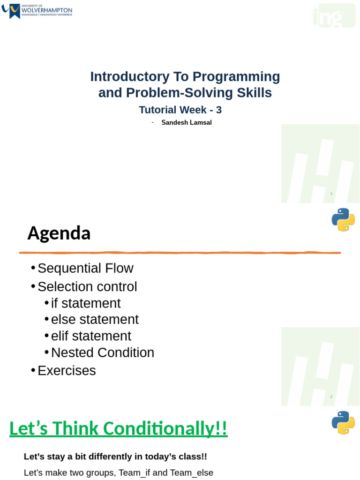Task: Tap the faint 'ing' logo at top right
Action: coord(334,16)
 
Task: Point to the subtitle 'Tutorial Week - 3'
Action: coord(180,110)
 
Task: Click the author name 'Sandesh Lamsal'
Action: coord(187,122)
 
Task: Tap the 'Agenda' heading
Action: coord(59,233)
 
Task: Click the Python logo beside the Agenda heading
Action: coord(343,219)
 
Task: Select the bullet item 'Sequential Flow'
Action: coord(85,268)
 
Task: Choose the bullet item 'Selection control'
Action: coord(87,286)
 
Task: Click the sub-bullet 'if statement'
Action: coord(86,303)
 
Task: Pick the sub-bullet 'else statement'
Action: coord(95,319)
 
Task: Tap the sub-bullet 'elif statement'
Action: coord(91,336)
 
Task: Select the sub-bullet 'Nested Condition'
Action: coord(103,352)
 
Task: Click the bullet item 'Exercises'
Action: coord(67,370)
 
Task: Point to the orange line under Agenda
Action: coord(180,253)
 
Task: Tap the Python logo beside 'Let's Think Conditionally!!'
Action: coord(343,422)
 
